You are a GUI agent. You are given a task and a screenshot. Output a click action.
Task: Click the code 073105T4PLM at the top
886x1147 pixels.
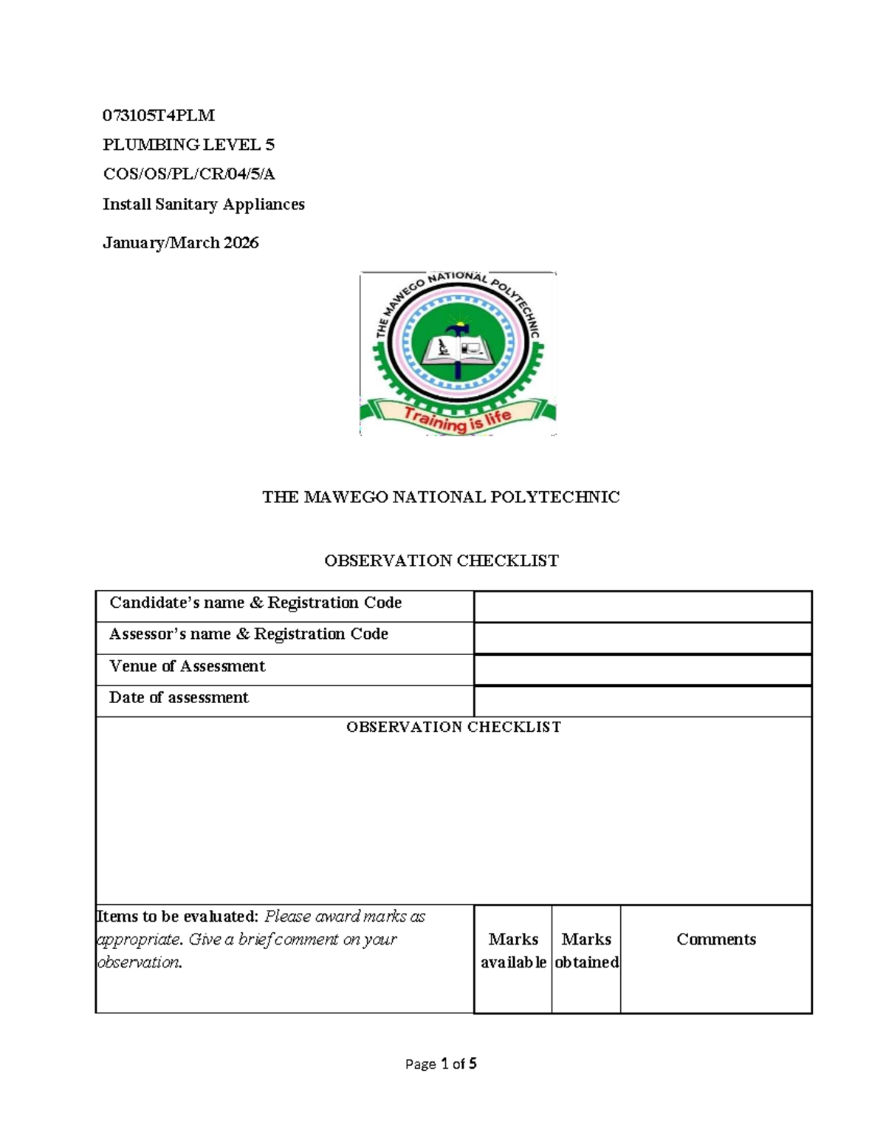(159, 115)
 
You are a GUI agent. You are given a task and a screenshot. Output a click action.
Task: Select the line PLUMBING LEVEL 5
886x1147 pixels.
(188, 145)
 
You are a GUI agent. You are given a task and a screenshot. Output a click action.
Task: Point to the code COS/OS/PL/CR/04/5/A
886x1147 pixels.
(188, 174)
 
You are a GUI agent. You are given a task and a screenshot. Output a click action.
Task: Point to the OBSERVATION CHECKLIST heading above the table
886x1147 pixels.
(442, 561)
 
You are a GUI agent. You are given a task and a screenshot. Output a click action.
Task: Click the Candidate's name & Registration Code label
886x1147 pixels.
(255, 603)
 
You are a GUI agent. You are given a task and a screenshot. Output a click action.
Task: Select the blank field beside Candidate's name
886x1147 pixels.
(642, 607)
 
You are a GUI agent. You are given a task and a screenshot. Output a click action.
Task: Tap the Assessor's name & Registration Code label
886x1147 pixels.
(249, 634)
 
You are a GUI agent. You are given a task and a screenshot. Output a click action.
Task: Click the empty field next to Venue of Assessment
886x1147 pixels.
(642, 670)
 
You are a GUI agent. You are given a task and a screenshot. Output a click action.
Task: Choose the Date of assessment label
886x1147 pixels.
(179, 698)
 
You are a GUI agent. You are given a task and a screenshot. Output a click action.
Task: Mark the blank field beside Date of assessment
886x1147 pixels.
(642, 702)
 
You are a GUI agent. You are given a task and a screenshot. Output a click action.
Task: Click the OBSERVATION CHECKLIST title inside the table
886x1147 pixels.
(453, 727)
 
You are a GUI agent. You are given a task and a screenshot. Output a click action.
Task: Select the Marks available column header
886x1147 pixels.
(513, 951)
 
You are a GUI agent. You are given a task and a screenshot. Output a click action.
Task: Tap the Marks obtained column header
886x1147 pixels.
(586, 951)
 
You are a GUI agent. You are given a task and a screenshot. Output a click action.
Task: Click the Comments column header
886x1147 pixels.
(716, 939)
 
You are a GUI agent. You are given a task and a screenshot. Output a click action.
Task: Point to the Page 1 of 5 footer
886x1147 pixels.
(441, 1064)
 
